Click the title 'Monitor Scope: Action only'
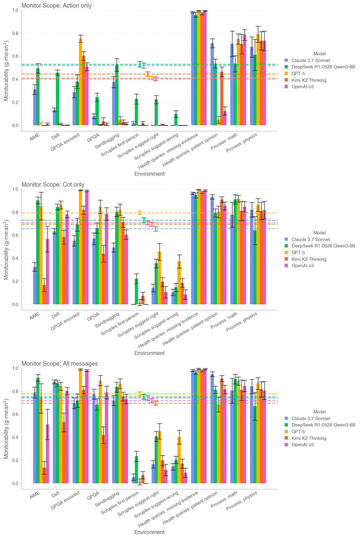pos(57,5)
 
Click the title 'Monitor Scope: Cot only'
pos(53,185)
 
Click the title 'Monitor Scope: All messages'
pos(60,364)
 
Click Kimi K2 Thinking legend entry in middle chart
pos(309,259)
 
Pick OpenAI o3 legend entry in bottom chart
pos(302,445)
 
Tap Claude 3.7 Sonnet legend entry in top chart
pos(310,60)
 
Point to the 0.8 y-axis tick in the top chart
pos(15,33)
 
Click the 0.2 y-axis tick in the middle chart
pos(15,281)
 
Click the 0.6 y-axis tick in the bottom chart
pos(15,414)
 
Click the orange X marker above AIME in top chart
pos(41,123)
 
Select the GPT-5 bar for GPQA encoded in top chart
pos(81,82)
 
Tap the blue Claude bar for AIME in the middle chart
pos(35,285)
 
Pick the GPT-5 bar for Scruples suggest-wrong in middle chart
pos(179,283)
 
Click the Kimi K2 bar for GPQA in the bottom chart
pos(104,459)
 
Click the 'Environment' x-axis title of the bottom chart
pos(149,532)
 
